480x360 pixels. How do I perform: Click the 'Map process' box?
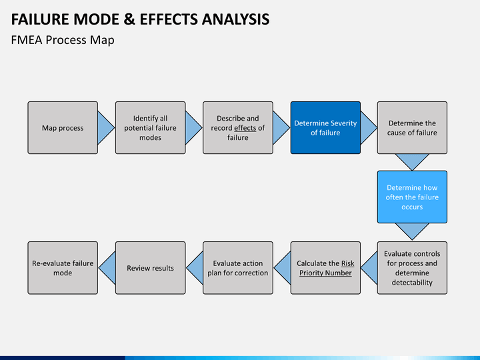click(x=63, y=127)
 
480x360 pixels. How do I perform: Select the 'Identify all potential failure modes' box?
click(x=150, y=127)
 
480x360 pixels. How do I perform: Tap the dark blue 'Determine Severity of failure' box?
click(x=325, y=127)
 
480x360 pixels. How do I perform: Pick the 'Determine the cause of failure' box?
click(x=412, y=127)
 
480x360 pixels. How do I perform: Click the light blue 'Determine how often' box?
click(x=412, y=197)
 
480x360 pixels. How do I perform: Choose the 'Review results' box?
click(x=150, y=268)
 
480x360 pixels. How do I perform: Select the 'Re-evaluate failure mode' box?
click(x=63, y=268)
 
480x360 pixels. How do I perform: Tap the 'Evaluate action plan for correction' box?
click(x=238, y=268)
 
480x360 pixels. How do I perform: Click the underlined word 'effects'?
click(x=245, y=128)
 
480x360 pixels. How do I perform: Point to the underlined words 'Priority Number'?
click(x=325, y=273)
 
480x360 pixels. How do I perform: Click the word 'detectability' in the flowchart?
click(x=412, y=282)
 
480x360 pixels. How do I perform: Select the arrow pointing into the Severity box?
click(x=281, y=127)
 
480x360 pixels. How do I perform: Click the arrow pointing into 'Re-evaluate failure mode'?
click(x=107, y=268)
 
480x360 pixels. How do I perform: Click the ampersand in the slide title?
click(x=129, y=19)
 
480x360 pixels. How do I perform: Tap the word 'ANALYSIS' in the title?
click(x=235, y=19)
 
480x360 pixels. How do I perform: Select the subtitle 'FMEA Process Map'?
click(x=63, y=40)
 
